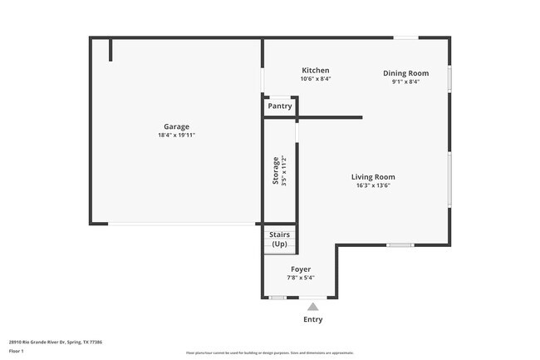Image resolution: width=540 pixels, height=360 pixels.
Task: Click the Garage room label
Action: (x=176, y=127)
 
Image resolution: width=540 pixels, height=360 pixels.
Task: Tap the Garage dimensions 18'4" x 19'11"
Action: (x=176, y=136)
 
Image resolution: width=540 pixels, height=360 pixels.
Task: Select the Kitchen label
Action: (x=316, y=71)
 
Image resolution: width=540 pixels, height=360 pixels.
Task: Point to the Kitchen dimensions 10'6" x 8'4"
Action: (x=316, y=79)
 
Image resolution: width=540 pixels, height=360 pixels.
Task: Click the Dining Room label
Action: (x=405, y=73)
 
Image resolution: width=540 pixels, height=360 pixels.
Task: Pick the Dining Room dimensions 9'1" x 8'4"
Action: (x=405, y=81)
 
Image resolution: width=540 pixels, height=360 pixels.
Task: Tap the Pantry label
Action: (x=280, y=106)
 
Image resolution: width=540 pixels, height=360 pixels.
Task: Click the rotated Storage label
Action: (x=276, y=171)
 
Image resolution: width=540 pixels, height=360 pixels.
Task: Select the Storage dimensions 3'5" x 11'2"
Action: (x=284, y=171)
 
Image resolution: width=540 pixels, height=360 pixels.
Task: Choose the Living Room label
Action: (x=372, y=177)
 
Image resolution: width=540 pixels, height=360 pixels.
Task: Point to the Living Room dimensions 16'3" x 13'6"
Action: (x=372, y=185)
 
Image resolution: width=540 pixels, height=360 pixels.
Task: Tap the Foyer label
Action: (x=301, y=269)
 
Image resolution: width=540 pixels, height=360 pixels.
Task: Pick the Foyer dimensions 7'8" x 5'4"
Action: (x=301, y=278)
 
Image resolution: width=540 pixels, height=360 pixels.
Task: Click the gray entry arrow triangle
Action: (x=312, y=307)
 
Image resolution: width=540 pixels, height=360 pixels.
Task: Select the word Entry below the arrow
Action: (x=312, y=319)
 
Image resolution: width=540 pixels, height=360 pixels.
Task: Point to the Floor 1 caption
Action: (x=17, y=351)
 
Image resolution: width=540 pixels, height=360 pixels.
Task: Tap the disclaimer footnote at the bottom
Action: (x=269, y=353)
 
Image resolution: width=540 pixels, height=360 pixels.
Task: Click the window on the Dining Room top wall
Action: (x=405, y=37)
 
